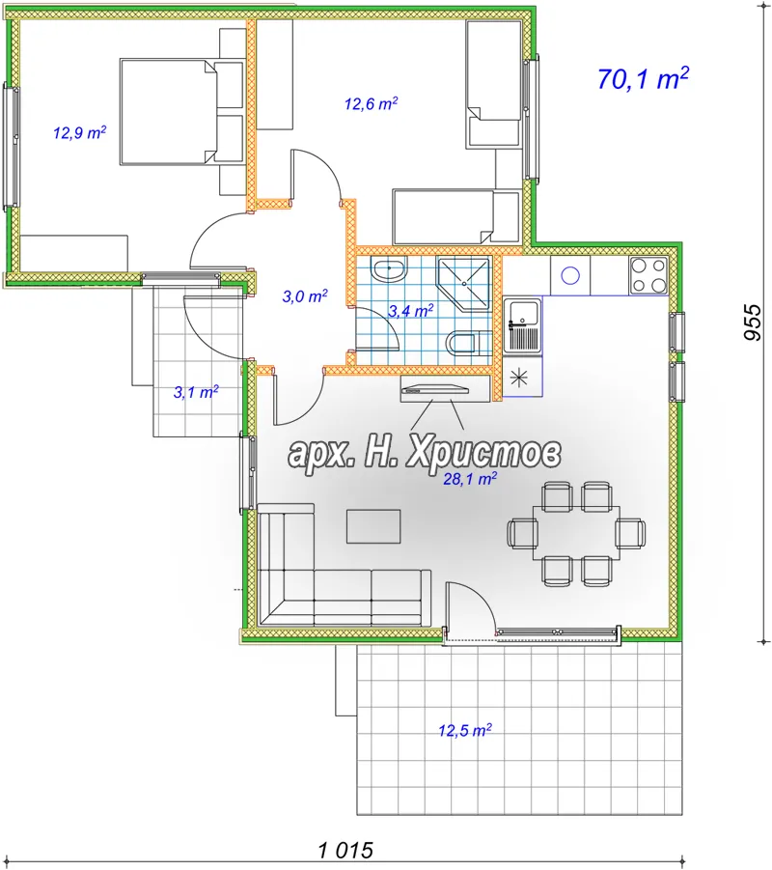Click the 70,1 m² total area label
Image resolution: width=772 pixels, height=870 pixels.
[643, 79]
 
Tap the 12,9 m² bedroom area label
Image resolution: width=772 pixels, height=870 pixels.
[80, 132]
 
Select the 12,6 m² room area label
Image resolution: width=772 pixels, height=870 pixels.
[371, 103]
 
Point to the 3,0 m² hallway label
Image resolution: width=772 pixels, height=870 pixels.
[305, 295]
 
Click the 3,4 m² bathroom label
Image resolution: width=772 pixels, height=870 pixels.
[410, 311]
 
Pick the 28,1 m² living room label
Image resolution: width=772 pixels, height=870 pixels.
[470, 478]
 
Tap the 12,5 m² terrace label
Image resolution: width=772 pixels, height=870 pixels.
[465, 730]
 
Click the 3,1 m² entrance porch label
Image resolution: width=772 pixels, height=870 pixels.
[196, 392]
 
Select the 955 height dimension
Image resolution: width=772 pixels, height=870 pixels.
[753, 322]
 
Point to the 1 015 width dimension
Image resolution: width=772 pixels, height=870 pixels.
[346, 850]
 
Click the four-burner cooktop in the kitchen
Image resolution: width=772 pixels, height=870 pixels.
[648, 275]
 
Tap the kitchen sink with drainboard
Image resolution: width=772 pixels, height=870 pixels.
[522, 325]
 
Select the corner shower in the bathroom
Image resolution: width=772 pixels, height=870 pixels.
[463, 283]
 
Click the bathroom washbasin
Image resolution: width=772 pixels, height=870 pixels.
[389, 269]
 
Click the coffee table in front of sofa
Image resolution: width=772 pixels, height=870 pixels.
[373, 526]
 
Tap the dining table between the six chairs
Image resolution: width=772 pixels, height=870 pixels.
[577, 534]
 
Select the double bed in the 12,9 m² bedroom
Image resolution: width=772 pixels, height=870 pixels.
[182, 112]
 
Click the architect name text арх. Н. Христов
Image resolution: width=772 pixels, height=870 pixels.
[425, 453]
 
